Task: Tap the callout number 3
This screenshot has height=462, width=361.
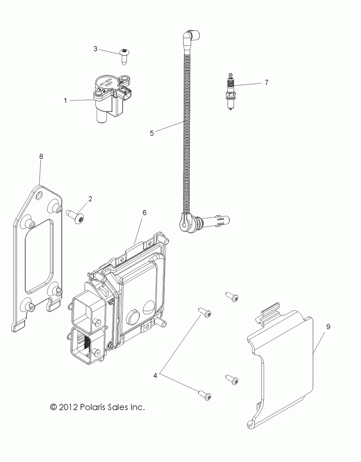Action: (x=95, y=48)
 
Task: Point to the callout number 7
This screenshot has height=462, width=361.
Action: (x=277, y=83)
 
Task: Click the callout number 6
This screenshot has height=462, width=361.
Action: (x=144, y=213)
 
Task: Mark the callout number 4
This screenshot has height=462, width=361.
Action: (x=155, y=375)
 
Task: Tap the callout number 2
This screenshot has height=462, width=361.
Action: (x=90, y=198)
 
